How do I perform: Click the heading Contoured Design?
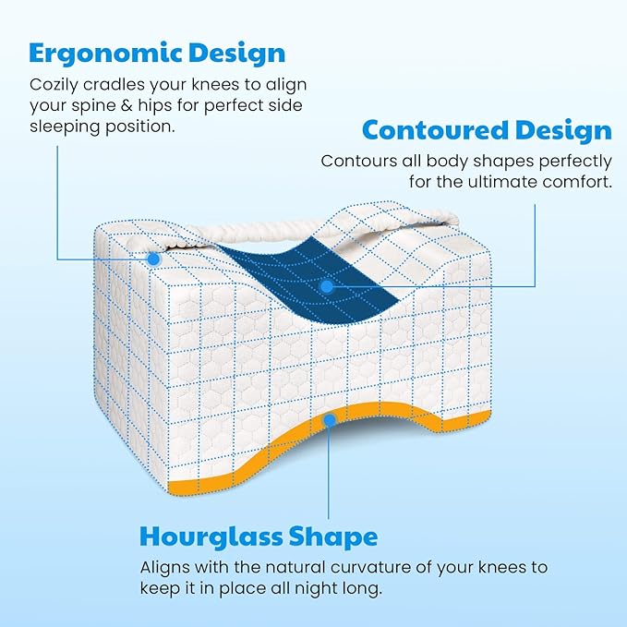[x=487, y=129]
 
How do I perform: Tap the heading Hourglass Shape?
[x=258, y=537]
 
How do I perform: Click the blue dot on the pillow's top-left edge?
[x=154, y=259]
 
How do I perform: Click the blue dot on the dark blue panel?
[x=327, y=287]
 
